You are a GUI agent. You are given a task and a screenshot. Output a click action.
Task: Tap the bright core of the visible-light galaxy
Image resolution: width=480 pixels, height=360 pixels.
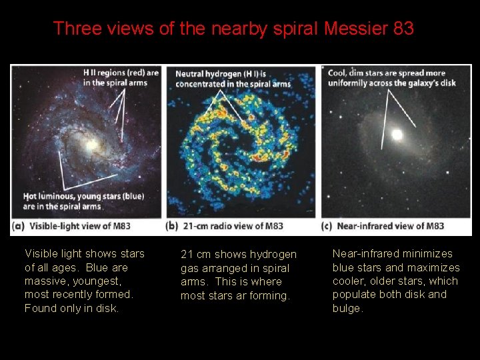point(91,145)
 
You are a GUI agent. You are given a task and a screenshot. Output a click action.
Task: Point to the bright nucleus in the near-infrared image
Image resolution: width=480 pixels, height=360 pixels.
point(397,135)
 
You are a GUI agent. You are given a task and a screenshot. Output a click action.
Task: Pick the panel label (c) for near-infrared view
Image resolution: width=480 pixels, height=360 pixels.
point(327,225)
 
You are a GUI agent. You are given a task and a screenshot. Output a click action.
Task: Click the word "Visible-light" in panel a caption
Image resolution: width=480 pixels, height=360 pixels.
point(53,225)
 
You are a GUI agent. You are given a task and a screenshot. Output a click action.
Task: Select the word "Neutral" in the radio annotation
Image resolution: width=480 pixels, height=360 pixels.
point(192,73)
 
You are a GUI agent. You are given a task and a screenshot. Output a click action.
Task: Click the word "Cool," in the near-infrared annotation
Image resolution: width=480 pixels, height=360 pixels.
point(337,73)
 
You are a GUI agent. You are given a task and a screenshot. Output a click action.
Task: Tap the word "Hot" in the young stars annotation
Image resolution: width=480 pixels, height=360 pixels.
point(30,197)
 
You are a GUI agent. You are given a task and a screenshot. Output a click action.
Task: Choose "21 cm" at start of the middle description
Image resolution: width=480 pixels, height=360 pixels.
point(195,255)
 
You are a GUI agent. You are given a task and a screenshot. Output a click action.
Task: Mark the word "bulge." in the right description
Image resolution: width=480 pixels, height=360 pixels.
point(348,308)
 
